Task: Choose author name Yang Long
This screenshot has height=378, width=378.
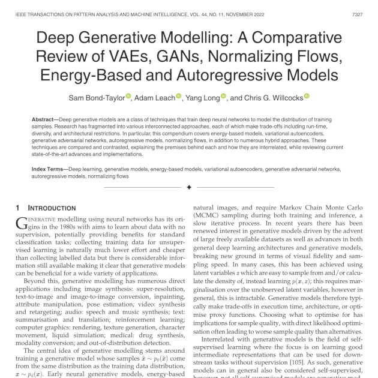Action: click(x=201, y=97)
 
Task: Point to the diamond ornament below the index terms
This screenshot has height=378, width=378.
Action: click(x=189, y=188)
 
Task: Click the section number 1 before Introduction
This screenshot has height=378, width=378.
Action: click(x=18, y=208)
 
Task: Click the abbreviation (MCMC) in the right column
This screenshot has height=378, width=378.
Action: click(x=211, y=214)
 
